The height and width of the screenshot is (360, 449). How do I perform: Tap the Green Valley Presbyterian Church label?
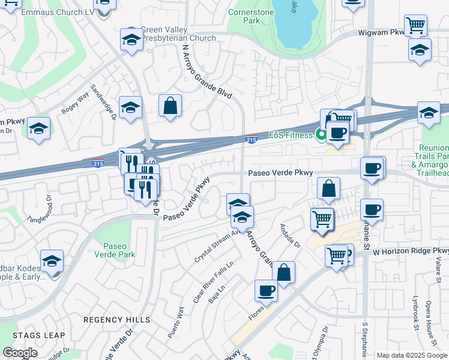[178, 34]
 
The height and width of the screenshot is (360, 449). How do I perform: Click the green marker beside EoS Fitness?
[321, 136]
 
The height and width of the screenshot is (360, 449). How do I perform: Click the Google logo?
[20, 353]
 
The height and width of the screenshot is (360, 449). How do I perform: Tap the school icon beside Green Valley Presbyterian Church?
[130, 40]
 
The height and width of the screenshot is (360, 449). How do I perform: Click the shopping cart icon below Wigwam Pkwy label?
[415, 26]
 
